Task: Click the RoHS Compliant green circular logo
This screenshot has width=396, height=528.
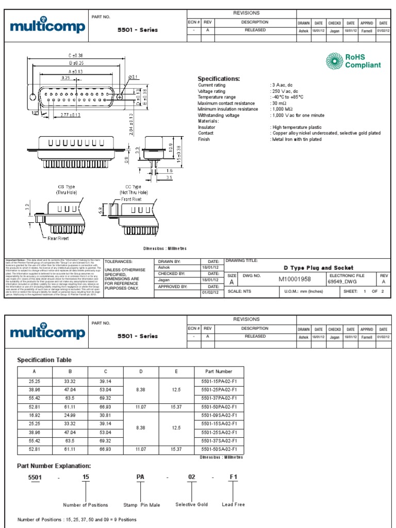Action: pyautogui.click(x=334, y=61)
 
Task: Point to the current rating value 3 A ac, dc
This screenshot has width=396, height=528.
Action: pyautogui.click(x=284, y=85)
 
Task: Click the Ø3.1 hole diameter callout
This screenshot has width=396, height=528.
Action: pyautogui.click(x=133, y=78)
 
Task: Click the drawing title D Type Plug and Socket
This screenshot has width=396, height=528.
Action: pyautogui.click(x=319, y=268)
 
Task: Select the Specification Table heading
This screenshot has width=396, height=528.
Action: pyautogui.click(x=44, y=360)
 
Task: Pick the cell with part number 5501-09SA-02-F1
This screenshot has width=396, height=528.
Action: pyautogui.click(x=219, y=415)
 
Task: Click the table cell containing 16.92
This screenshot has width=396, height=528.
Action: pyautogui.click(x=35, y=415)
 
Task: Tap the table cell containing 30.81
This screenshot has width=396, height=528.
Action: pyautogui.click(x=106, y=415)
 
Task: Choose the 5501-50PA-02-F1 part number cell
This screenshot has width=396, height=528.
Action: pyautogui.click(x=219, y=407)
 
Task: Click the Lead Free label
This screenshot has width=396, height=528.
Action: pyautogui.click(x=233, y=505)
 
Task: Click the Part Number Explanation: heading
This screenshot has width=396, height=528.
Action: pyautogui.click(x=54, y=466)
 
